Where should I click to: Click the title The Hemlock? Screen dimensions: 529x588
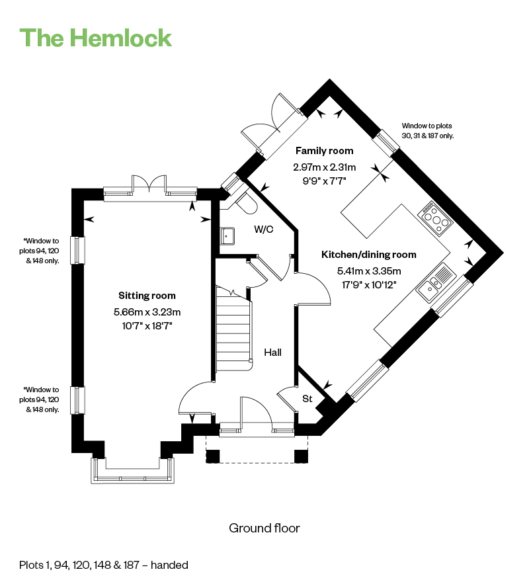pos(96,38)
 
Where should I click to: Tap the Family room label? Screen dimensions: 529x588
pos(324,151)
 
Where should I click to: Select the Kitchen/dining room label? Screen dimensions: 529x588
pos(369,255)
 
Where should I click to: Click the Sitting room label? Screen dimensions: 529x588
pos(147,296)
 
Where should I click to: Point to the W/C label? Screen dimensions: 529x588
pos(264,229)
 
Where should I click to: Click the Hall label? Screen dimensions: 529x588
pos(272,352)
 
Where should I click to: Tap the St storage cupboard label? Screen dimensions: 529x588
pos(307,398)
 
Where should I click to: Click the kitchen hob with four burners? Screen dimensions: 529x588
pos(435,218)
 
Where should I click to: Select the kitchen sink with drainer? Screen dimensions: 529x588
pos(436,282)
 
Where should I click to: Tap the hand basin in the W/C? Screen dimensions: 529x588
pos(227,236)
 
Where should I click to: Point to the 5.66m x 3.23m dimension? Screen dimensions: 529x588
pos(147,312)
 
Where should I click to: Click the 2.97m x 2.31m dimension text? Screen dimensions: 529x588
pos(324,167)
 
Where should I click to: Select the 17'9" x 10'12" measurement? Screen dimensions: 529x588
pos(369,285)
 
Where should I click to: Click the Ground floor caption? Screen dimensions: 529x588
pos(264,528)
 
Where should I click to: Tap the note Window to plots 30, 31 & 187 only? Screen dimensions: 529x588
pos(427,131)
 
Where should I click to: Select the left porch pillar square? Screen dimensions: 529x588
pos(213,456)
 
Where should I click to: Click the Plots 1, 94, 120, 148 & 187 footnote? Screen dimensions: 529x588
pos(103,565)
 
